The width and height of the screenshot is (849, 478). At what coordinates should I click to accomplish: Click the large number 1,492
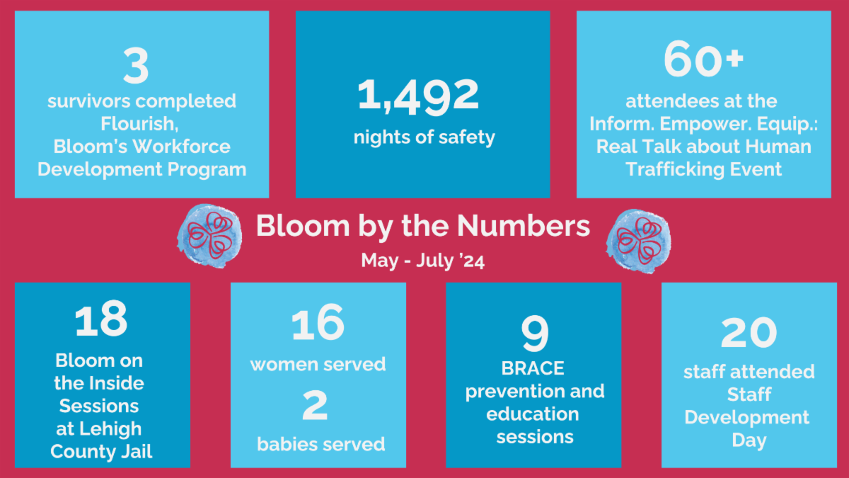coord(418,96)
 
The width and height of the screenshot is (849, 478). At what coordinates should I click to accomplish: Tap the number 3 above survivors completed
coord(136,66)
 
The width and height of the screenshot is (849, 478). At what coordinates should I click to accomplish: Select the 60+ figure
coord(703,59)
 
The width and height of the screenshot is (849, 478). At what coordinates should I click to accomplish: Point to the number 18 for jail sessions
coord(100,319)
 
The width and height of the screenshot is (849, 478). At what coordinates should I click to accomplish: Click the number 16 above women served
coord(318,323)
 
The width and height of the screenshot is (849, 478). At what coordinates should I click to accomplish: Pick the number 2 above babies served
coord(315,406)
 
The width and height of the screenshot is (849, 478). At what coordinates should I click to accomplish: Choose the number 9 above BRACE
coord(534,333)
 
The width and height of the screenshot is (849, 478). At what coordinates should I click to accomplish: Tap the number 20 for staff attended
coord(749,333)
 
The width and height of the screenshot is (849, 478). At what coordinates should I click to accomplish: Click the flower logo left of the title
coord(209,236)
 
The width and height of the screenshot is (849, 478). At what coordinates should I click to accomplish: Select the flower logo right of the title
coord(639,241)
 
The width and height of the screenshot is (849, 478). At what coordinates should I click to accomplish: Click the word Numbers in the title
coord(524,226)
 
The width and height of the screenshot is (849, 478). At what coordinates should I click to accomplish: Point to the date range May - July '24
coord(422,261)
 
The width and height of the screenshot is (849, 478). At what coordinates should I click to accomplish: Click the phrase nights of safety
coord(424,137)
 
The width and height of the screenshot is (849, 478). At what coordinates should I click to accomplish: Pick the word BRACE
coord(533,368)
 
